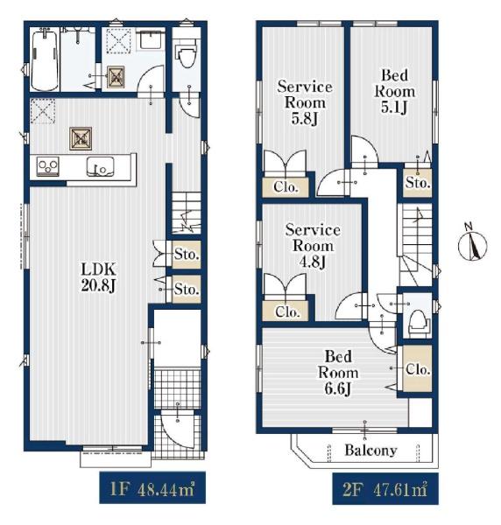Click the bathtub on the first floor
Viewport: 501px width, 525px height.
45,59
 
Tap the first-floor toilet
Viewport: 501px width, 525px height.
186,54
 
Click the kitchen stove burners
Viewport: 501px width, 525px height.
48,165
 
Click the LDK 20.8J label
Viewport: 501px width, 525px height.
98,277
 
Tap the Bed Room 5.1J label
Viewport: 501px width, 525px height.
394,91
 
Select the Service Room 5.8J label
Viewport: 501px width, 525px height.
305,102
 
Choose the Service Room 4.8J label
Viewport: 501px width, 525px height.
313,246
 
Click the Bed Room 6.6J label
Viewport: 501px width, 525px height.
338,373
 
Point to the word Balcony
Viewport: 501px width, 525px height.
371,451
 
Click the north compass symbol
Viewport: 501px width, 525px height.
472,245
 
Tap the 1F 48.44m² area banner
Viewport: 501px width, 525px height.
152,488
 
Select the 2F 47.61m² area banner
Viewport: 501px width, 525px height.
385,488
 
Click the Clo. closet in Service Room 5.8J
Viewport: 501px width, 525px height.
286,187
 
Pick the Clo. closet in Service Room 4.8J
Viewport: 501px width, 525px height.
286,311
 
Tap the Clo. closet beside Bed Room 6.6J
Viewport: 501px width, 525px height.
417,368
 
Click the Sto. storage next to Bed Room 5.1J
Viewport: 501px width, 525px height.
418,183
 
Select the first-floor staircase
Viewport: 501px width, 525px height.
187,213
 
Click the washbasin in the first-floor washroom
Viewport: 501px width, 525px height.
151,40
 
